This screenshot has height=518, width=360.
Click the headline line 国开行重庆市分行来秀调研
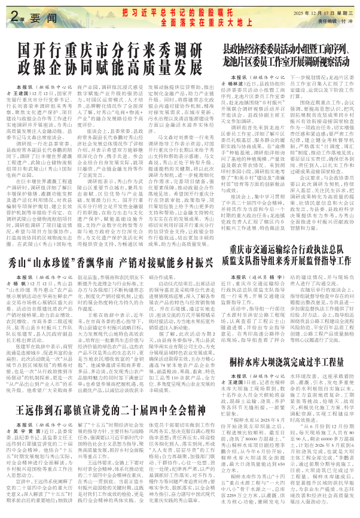click(120, 49)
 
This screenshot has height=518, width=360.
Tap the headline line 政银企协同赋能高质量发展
click(120, 66)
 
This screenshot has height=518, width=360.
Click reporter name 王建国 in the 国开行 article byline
click(26, 94)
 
